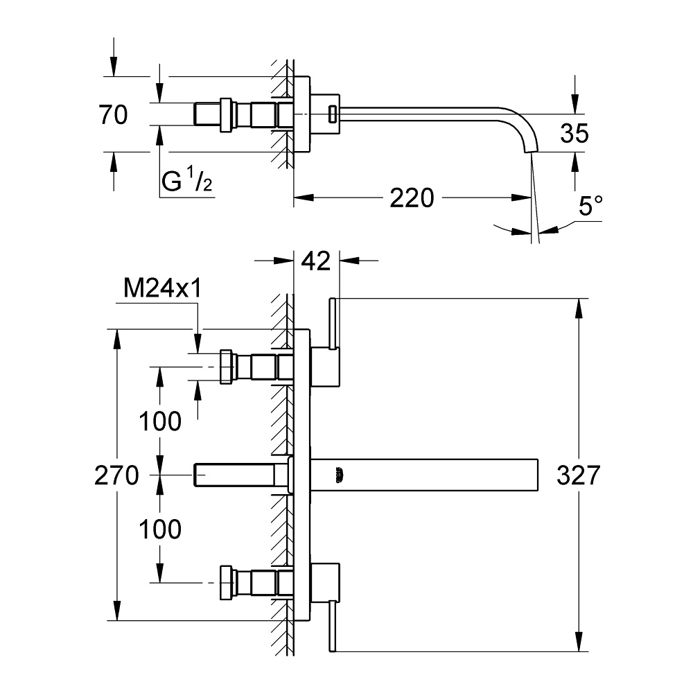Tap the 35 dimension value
(574, 133)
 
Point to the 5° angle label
(590, 206)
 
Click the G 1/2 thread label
(186, 182)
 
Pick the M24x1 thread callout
(162, 289)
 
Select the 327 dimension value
(577, 475)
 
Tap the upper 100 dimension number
(159, 421)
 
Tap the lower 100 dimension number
(159, 529)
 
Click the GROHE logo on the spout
(339, 475)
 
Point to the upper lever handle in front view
(333, 323)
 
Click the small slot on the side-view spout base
(332, 113)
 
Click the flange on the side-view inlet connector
(225, 114)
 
